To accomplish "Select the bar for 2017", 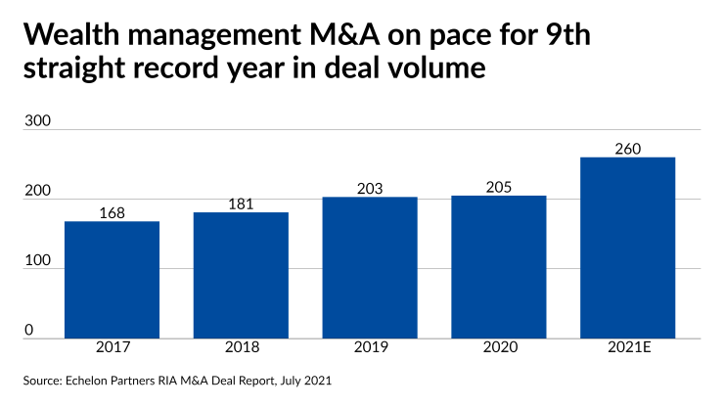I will (112, 279).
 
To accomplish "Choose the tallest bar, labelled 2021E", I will (627, 247).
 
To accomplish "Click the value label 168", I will (113, 211).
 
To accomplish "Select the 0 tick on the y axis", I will (28, 330).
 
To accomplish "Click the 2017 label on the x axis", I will (112, 348).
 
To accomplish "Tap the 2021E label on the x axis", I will (627, 348).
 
